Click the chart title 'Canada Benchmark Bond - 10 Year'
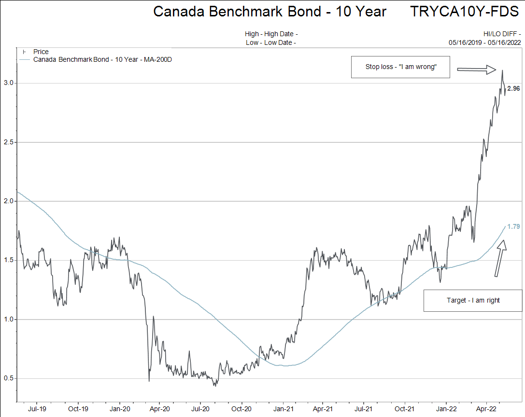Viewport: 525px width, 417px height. click(x=270, y=12)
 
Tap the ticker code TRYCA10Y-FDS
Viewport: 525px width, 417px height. click(x=464, y=12)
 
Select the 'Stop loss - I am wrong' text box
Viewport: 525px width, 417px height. click(x=400, y=67)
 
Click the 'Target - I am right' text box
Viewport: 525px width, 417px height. click(x=473, y=300)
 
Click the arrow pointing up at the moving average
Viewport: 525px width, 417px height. click(x=500, y=258)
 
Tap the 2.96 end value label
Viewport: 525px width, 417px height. click(x=513, y=89)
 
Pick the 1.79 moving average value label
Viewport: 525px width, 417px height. click(x=513, y=226)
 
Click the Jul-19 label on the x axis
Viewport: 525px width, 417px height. click(x=37, y=408)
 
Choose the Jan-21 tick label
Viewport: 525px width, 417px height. click(x=282, y=408)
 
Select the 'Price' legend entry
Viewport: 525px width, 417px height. click(x=41, y=52)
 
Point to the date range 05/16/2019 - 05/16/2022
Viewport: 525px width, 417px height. click(x=484, y=42)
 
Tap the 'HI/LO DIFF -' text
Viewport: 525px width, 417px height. click(x=502, y=34)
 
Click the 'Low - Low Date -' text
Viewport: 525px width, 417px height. click(x=270, y=42)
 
